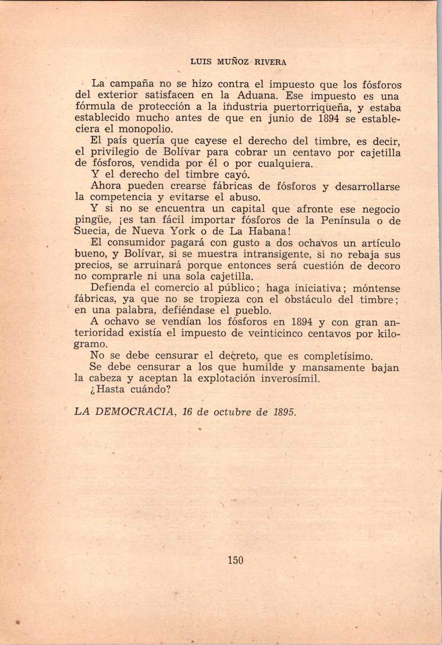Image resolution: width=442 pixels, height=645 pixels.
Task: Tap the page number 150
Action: click(235, 560)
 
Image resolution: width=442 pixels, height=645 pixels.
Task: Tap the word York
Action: click(187, 231)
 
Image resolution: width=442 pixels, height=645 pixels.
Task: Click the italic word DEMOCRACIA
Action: click(135, 412)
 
